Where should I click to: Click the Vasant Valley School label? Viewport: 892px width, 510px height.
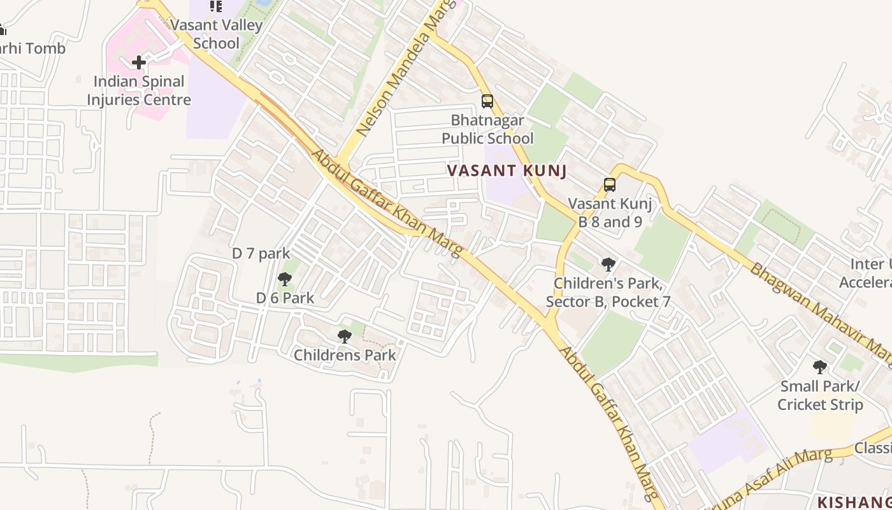[216, 34]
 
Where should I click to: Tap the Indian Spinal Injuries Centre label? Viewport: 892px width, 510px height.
[139, 91]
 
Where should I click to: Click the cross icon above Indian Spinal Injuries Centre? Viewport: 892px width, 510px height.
[139, 62]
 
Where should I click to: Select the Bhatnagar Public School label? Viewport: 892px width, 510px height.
[487, 129]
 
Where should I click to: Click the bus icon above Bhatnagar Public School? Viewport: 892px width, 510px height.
[487, 101]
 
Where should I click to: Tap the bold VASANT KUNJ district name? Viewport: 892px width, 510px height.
[507, 171]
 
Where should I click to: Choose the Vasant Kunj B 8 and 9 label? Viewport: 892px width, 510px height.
[610, 213]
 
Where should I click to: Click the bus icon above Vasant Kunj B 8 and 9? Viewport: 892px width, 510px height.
[610, 185]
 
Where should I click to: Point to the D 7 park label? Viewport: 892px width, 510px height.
[261, 253]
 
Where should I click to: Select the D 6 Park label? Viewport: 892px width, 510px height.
[285, 298]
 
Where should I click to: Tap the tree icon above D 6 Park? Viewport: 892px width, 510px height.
[285, 279]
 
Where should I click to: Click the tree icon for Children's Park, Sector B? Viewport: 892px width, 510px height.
[608, 264]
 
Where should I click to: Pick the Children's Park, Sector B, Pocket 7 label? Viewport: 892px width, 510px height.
[608, 292]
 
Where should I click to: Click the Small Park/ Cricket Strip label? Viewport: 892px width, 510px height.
[820, 395]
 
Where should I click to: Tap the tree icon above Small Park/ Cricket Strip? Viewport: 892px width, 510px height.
[820, 367]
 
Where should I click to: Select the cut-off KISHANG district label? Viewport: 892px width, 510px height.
[854, 501]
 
